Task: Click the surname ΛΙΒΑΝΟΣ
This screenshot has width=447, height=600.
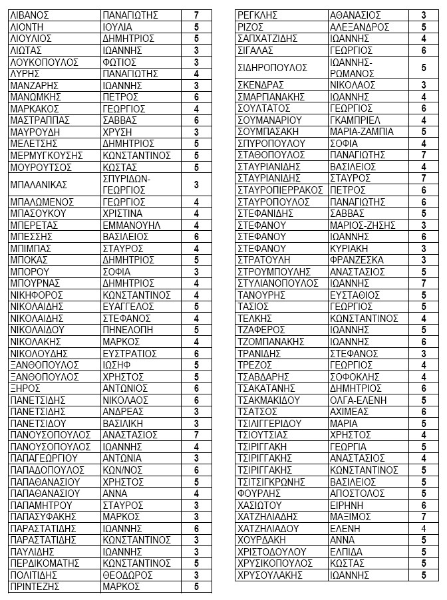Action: [x=31, y=15]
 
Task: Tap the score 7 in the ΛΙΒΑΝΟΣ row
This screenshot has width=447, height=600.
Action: [x=196, y=15]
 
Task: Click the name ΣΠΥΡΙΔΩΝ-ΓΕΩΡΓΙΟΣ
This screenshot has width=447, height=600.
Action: [x=127, y=184]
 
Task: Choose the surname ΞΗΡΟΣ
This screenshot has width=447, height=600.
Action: [x=25, y=388]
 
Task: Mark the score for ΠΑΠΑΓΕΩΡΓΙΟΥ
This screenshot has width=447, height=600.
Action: [x=196, y=458]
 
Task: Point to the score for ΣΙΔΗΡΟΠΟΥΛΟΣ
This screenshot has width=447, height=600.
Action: [x=424, y=67]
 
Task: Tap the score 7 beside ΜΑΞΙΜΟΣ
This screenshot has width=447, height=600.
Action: [x=424, y=517]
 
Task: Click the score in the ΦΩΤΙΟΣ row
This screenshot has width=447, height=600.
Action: [x=196, y=62]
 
